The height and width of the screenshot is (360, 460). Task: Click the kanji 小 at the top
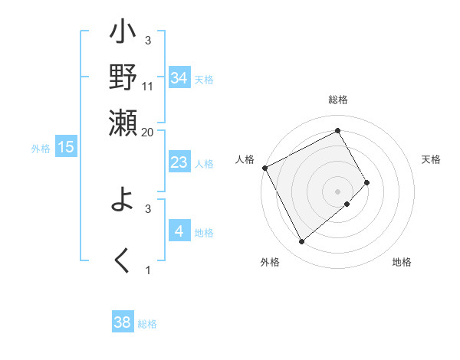(x=123, y=35)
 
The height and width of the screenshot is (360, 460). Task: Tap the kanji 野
(x=123, y=77)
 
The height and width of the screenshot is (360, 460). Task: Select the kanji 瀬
(x=123, y=123)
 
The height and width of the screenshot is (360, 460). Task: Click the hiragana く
(x=123, y=260)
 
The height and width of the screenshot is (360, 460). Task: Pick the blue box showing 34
(x=179, y=79)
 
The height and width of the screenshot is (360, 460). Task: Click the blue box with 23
(x=179, y=162)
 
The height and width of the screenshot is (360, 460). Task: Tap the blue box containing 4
(x=179, y=231)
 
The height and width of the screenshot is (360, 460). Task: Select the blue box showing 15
(x=65, y=147)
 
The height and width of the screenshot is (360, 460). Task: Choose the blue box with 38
(x=123, y=322)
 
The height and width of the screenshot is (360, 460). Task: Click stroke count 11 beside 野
(x=148, y=86)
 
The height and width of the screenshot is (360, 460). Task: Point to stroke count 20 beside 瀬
(x=148, y=132)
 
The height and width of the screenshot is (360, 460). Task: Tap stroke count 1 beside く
(x=148, y=270)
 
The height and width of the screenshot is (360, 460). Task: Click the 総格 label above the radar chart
(x=338, y=100)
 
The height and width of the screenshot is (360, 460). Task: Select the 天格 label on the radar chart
(x=432, y=159)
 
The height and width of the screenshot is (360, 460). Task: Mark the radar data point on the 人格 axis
(x=264, y=167)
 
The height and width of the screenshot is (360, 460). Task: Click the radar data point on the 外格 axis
(x=301, y=242)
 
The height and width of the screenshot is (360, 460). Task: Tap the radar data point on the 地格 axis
(x=347, y=205)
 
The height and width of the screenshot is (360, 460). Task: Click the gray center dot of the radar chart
(x=338, y=191)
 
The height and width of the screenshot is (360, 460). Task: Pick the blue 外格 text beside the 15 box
(x=40, y=148)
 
